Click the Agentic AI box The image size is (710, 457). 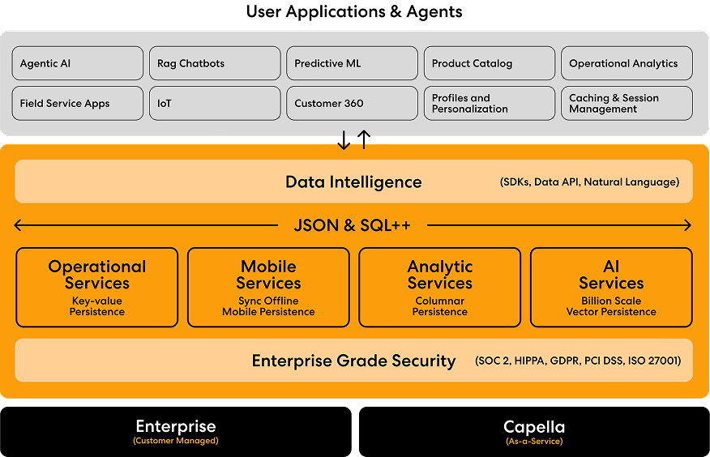coord(78,63)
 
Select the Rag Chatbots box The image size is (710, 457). coord(215,63)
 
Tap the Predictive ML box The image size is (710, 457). coord(352,63)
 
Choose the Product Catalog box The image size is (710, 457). coord(490,63)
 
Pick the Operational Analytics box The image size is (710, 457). coord(627,63)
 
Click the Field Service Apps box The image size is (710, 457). coord(78,104)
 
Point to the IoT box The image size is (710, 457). coord(215,104)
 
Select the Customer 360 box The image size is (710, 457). coord(352,104)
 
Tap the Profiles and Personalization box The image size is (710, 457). coord(490,104)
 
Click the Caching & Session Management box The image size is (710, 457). coord(627,104)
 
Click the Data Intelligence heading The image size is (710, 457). coord(353,182)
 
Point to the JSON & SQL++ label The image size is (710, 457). coord(353,225)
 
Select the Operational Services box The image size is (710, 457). coord(97,288)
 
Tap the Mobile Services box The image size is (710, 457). coord(268,288)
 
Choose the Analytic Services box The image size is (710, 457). coord(440,288)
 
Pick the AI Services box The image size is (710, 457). coord(611,288)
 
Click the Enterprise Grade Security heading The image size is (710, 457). coord(353,361)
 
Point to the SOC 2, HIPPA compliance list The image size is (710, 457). coord(578,361)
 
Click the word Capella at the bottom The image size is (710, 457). coord(534,427)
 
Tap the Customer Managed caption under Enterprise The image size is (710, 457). coord(176,442)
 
